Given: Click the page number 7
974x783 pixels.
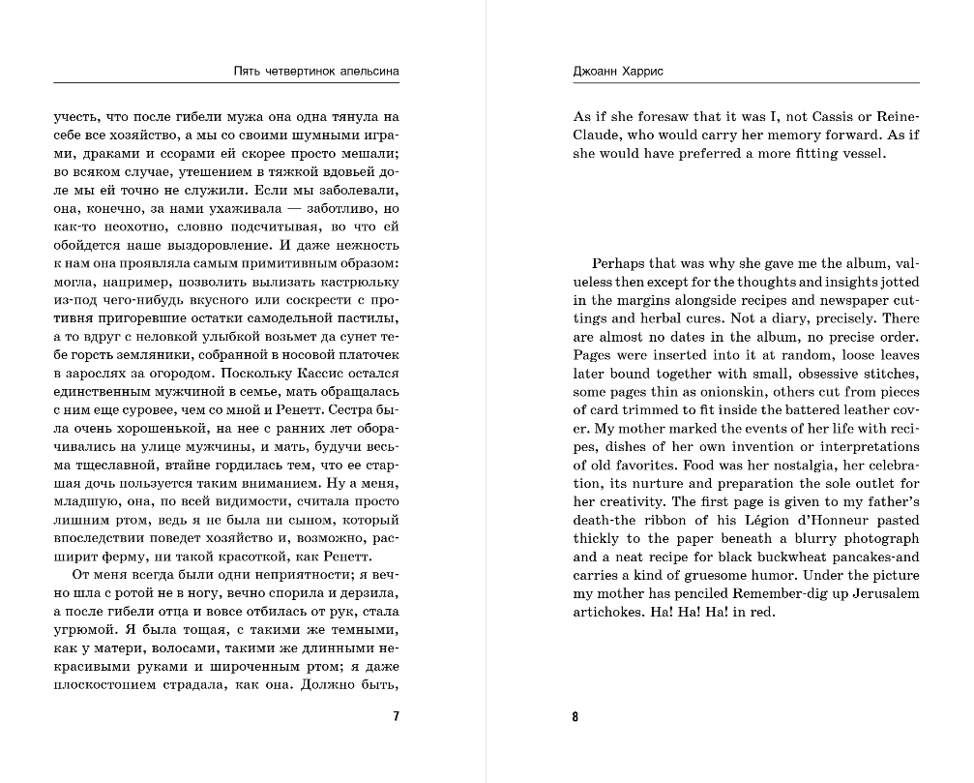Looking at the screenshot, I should tap(395, 717).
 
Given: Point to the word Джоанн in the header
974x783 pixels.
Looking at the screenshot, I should tap(599, 72).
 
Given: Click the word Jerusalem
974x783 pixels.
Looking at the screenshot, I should tap(879, 593).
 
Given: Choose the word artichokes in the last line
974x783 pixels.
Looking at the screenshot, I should tap(606, 612).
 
